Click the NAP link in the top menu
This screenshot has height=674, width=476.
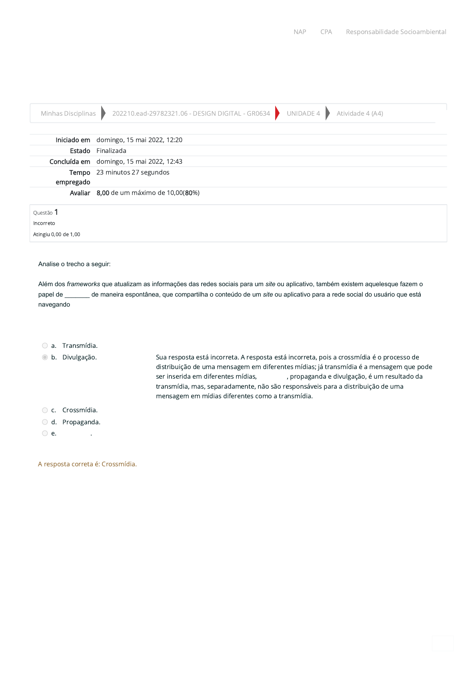(x=300, y=32)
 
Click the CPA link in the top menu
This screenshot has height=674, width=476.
(x=326, y=32)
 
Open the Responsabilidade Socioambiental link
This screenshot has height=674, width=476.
(x=396, y=32)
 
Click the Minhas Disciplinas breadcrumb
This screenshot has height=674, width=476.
(x=68, y=114)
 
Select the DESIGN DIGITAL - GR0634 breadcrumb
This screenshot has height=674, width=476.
(x=191, y=114)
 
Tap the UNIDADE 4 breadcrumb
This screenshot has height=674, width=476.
(x=303, y=114)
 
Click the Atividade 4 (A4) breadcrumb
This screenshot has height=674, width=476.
(x=360, y=114)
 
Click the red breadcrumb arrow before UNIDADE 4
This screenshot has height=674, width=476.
(x=277, y=113)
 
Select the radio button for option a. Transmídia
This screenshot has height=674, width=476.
(x=45, y=346)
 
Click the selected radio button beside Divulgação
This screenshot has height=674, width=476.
(x=45, y=357)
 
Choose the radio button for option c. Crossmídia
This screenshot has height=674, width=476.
(x=45, y=410)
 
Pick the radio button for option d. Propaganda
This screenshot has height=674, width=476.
(x=45, y=422)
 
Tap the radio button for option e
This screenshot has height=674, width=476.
(x=45, y=433)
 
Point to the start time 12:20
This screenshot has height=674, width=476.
(x=174, y=140)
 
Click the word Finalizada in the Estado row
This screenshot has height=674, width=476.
(x=111, y=151)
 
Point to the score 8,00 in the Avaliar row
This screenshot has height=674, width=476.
(x=103, y=193)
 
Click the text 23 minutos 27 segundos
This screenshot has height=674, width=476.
(x=133, y=173)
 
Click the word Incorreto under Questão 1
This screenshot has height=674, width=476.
(x=44, y=223)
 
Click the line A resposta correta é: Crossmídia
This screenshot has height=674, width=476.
(x=87, y=464)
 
